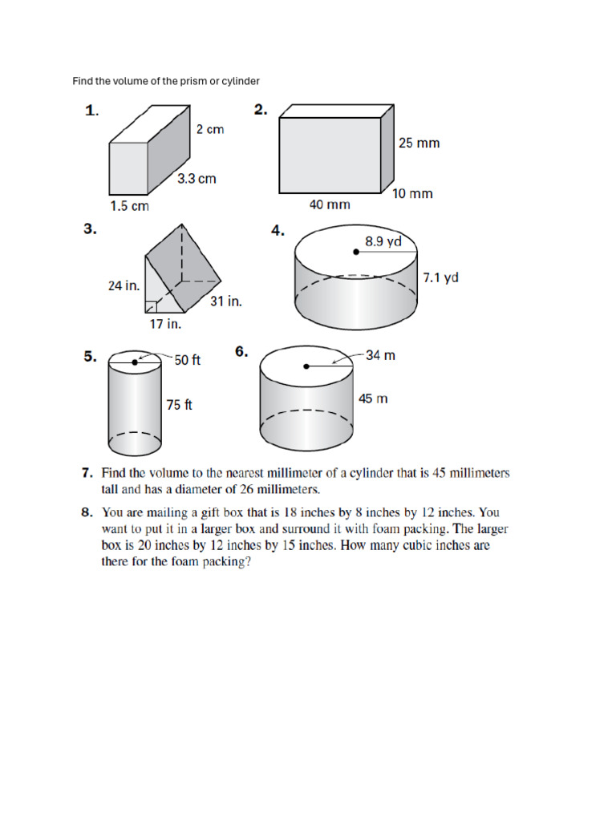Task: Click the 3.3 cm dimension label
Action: (x=197, y=179)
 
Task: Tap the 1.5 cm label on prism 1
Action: (x=129, y=206)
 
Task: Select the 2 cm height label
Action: (x=210, y=129)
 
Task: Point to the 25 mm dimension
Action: (x=419, y=144)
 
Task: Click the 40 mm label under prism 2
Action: (x=330, y=204)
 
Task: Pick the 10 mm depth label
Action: (x=412, y=193)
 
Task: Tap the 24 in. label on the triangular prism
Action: (x=124, y=285)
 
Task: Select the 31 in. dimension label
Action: (x=226, y=301)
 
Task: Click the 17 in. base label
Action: (x=166, y=324)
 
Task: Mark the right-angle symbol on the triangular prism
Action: (x=151, y=306)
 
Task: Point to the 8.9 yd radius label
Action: (x=383, y=241)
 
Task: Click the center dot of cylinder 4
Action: (x=356, y=252)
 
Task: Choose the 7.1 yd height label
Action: (x=440, y=278)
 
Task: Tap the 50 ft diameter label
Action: (x=188, y=361)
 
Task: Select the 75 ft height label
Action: (x=179, y=405)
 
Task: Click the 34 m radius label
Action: (x=380, y=355)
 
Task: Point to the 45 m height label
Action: (x=373, y=398)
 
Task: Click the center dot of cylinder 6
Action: (x=306, y=367)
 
